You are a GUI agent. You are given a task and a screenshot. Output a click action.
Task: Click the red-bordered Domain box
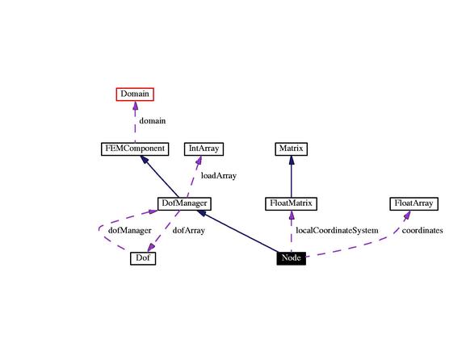(x=135, y=94)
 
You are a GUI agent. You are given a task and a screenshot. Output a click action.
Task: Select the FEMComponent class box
(x=135, y=149)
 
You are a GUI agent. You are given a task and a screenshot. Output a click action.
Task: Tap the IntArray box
(x=204, y=149)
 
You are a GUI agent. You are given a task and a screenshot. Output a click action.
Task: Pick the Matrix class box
(x=292, y=149)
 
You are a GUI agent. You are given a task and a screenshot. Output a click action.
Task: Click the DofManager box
(x=184, y=203)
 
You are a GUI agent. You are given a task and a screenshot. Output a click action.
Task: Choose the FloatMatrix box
(x=292, y=203)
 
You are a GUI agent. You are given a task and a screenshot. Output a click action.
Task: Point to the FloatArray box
(x=414, y=203)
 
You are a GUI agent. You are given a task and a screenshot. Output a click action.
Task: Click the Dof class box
(x=143, y=258)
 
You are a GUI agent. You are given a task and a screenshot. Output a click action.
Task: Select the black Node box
(x=292, y=258)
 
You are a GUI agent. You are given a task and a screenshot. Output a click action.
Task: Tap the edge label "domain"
(x=153, y=121)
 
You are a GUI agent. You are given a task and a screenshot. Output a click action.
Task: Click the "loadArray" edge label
(x=219, y=175)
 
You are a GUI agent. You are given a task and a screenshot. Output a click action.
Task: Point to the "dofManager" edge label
(x=129, y=231)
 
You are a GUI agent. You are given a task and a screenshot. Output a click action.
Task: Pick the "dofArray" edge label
(x=189, y=231)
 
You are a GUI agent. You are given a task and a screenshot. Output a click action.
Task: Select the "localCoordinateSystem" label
(x=337, y=231)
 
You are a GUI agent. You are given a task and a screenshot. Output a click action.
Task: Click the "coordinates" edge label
(x=422, y=231)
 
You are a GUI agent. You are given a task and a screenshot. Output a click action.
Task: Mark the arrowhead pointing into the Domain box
(x=135, y=106)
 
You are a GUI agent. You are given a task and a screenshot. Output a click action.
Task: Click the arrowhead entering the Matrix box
(x=292, y=160)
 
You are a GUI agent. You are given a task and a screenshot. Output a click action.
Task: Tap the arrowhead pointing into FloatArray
(x=407, y=215)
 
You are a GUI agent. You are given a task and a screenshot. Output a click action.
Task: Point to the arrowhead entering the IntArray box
(x=199, y=160)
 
